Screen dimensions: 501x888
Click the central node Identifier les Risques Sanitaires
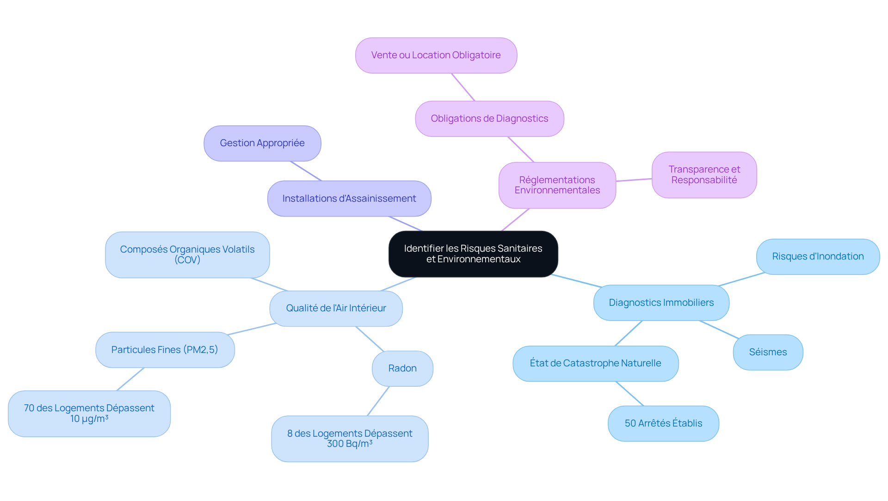coord(473,254)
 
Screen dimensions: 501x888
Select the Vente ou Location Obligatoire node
coord(436,56)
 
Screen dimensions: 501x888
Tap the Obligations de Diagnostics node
coord(489,119)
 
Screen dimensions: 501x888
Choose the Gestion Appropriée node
coord(262,143)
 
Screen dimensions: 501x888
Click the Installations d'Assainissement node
coord(349,198)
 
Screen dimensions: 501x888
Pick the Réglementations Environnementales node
coord(557,185)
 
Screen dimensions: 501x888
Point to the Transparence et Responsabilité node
coord(704,175)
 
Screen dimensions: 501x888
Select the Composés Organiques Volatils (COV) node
coord(187,255)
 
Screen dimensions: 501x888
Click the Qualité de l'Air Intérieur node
coord(336,309)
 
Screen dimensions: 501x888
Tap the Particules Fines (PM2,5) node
coord(165,350)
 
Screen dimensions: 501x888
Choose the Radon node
coord(402,369)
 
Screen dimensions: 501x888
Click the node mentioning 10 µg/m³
coord(89,414)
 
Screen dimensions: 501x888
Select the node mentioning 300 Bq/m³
coord(350,439)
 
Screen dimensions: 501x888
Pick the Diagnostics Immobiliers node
coord(661,303)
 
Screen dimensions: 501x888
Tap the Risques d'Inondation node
coord(818,257)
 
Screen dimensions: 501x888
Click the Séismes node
coord(768,353)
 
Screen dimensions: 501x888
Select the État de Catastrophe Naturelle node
coord(595,364)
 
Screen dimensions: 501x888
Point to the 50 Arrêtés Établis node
coord(663,424)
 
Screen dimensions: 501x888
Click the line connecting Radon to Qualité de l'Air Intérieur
coord(370,339)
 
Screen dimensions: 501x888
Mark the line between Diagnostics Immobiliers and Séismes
coord(719,329)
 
